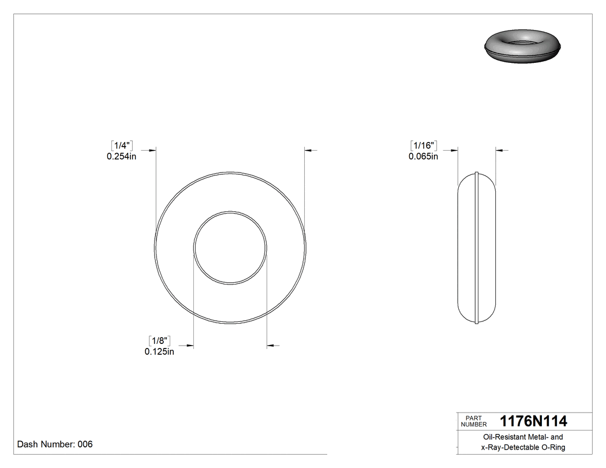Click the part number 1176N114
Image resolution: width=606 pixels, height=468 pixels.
(x=533, y=421)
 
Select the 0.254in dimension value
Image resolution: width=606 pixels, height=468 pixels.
(x=121, y=156)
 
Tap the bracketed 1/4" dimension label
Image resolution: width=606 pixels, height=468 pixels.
(x=122, y=145)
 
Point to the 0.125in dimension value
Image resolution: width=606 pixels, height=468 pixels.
(x=159, y=351)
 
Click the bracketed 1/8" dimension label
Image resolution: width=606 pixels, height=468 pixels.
(x=159, y=340)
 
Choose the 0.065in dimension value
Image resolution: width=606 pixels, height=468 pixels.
(x=423, y=156)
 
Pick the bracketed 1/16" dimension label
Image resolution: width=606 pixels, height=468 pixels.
(x=424, y=145)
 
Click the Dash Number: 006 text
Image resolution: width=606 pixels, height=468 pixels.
(x=55, y=444)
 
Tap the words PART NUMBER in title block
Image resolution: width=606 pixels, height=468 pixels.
(x=474, y=421)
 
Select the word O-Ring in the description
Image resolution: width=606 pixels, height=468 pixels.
(x=552, y=447)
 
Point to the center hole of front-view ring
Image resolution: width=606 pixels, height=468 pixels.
(x=230, y=248)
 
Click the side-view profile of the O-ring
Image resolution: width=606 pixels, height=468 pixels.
(x=477, y=248)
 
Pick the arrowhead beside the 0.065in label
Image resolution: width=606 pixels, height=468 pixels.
(x=454, y=150)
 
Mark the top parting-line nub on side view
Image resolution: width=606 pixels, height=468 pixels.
(x=477, y=173)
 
